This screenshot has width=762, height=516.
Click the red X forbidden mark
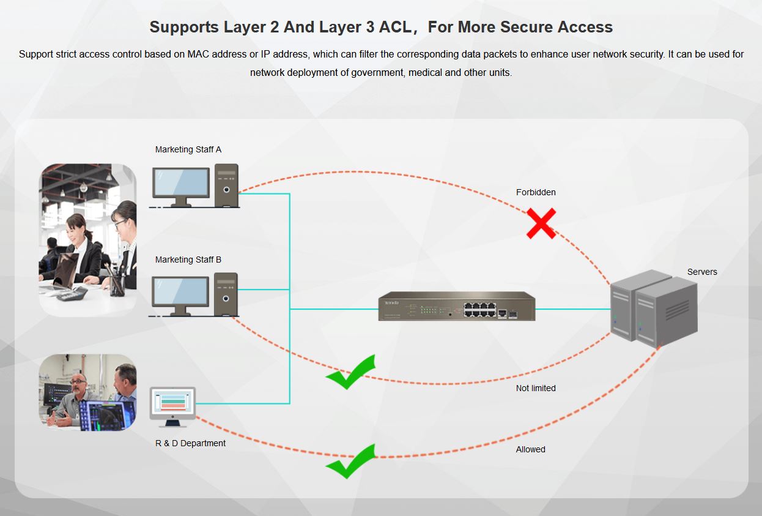(x=541, y=223)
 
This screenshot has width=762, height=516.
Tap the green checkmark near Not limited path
(x=350, y=372)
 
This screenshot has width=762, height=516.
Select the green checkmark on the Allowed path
(x=350, y=462)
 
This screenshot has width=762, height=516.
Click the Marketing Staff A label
(x=188, y=149)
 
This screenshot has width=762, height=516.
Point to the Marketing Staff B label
(x=188, y=260)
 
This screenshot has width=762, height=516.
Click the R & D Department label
(x=190, y=443)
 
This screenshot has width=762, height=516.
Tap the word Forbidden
(x=536, y=192)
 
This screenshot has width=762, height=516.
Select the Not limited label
(x=536, y=388)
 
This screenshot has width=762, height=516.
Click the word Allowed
(x=530, y=449)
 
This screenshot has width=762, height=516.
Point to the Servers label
(x=702, y=272)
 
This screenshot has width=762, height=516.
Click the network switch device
(x=456, y=307)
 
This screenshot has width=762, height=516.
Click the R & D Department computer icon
(x=173, y=406)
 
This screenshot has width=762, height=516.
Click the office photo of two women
(x=87, y=239)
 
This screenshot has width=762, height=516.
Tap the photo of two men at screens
(x=87, y=392)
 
